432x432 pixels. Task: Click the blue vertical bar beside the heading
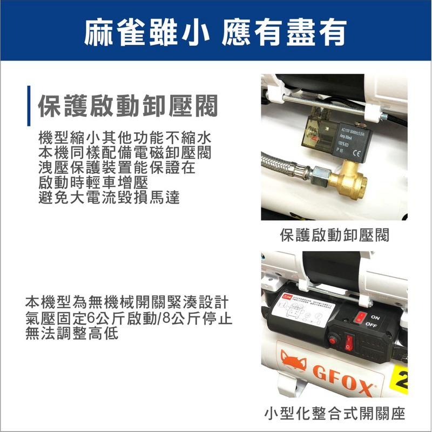click(x=29, y=105)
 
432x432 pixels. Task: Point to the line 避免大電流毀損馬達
click(x=110, y=197)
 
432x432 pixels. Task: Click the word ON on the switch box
click(x=376, y=319)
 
